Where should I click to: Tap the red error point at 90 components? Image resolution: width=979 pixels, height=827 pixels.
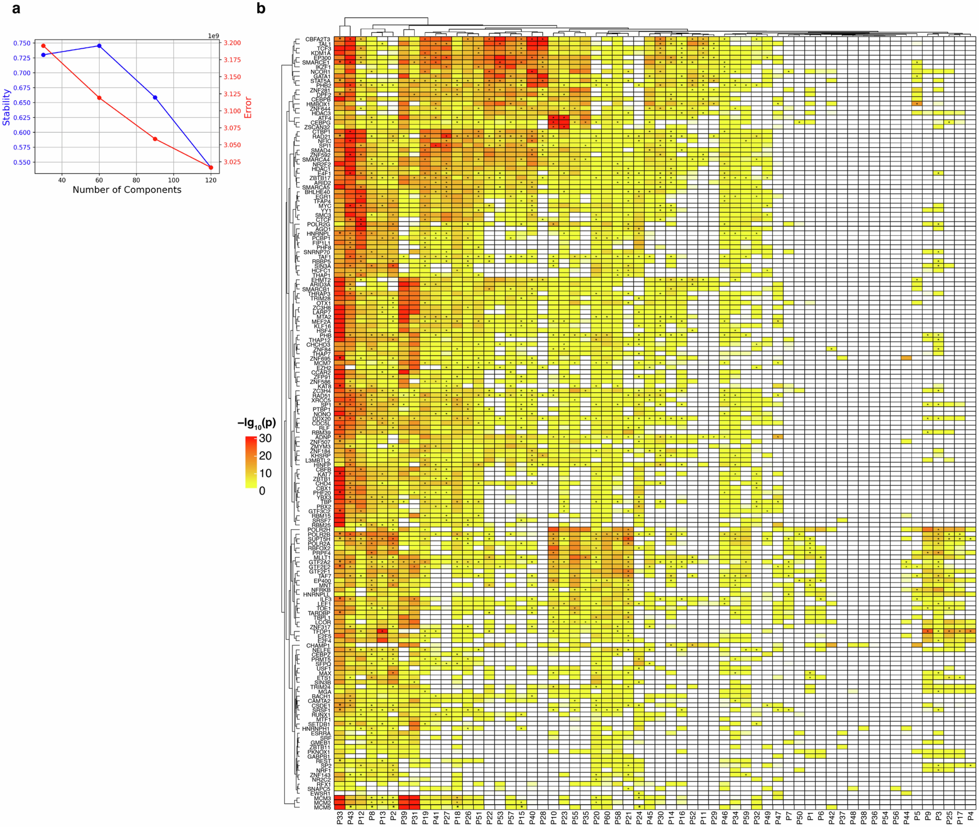pos(155,139)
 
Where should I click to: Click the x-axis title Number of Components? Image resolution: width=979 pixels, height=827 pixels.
pos(127,190)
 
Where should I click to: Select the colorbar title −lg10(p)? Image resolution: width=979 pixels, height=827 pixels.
pos(257,423)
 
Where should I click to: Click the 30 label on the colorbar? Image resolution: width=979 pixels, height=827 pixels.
pos(265,438)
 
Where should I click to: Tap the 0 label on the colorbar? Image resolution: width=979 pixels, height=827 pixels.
pos(262,491)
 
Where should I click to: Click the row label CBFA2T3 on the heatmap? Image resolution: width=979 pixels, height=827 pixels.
pos(318,39)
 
